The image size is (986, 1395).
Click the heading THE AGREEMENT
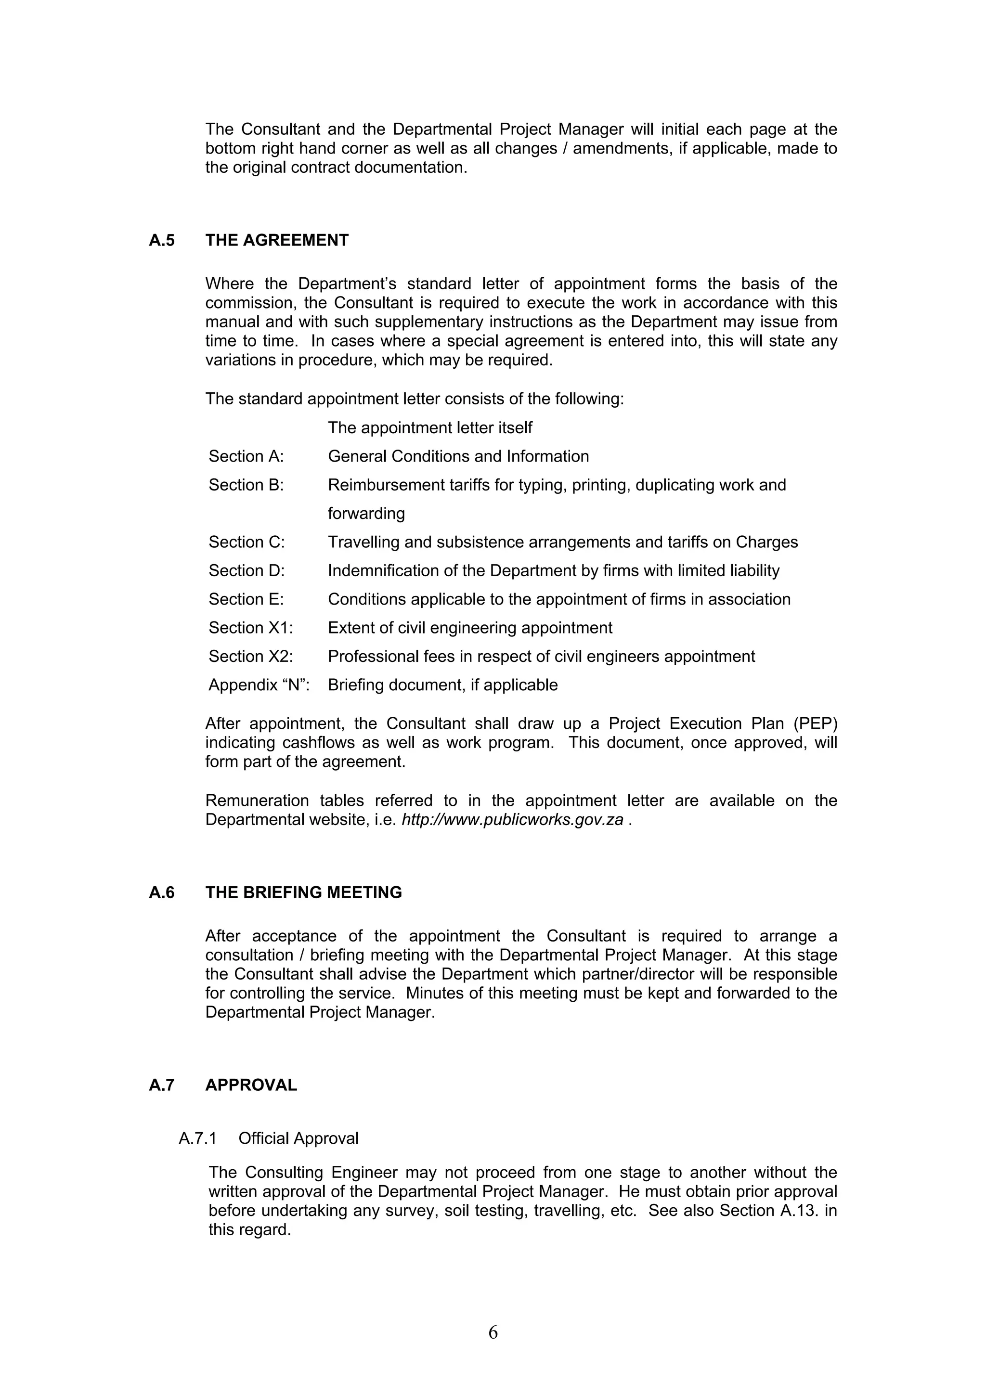coord(276,241)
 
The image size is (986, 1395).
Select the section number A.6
coord(162,892)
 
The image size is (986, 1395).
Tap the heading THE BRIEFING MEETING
coord(303,892)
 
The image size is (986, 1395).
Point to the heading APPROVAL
coord(251,1085)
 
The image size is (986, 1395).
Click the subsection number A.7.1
coord(197,1138)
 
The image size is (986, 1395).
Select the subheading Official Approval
coord(298,1138)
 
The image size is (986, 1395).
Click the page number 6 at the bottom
coord(493,1332)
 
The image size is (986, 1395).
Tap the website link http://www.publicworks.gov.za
coord(512,820)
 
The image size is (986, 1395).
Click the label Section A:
coord(246,456)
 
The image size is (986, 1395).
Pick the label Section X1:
coord(250,628)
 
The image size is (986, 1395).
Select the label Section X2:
coord(250,656)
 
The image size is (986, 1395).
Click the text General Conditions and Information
coord(458,456)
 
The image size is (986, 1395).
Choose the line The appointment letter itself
coord(429,428)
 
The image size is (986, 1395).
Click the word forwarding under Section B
coord(366,514)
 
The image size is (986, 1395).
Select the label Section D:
coord(246,570)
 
